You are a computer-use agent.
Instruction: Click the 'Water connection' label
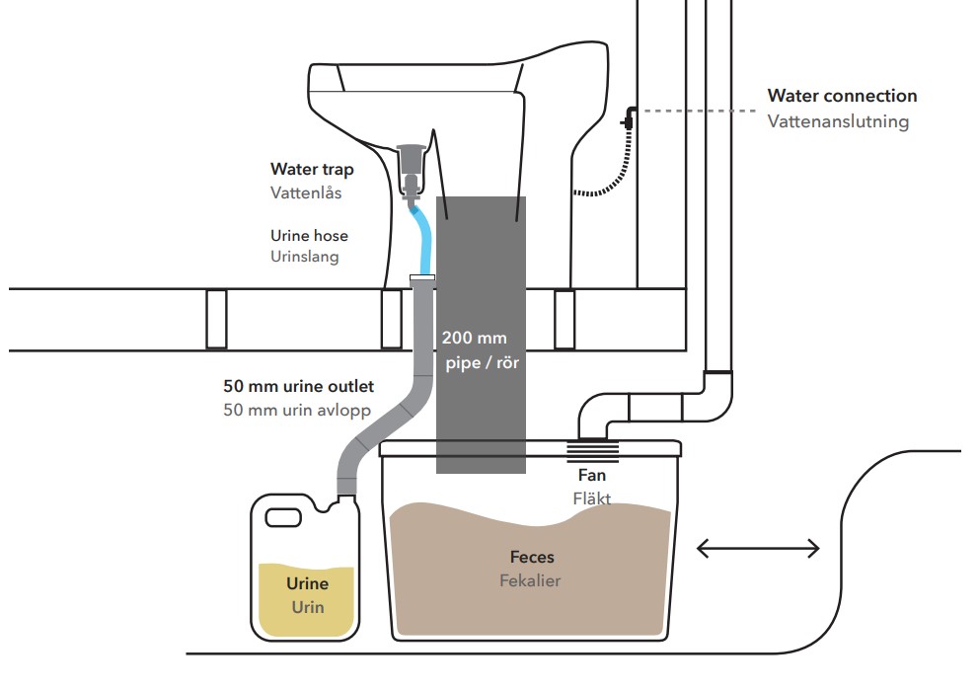point(842,96)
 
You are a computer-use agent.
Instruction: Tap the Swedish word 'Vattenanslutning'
point(838,121)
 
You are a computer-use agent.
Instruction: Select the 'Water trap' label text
point(312,170)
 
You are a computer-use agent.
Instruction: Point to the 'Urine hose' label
point(309,236)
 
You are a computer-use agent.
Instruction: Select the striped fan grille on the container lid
point(592,452)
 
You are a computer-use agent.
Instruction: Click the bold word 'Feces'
point(532,558)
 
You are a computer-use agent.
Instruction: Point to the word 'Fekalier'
point(530,580)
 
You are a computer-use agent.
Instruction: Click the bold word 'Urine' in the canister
point(306,584)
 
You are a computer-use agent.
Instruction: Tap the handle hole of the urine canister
point(283,517)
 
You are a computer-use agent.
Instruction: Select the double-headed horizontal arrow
point(758,548)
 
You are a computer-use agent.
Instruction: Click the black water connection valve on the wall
point(627,119)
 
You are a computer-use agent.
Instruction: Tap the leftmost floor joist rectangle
point(216,320)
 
